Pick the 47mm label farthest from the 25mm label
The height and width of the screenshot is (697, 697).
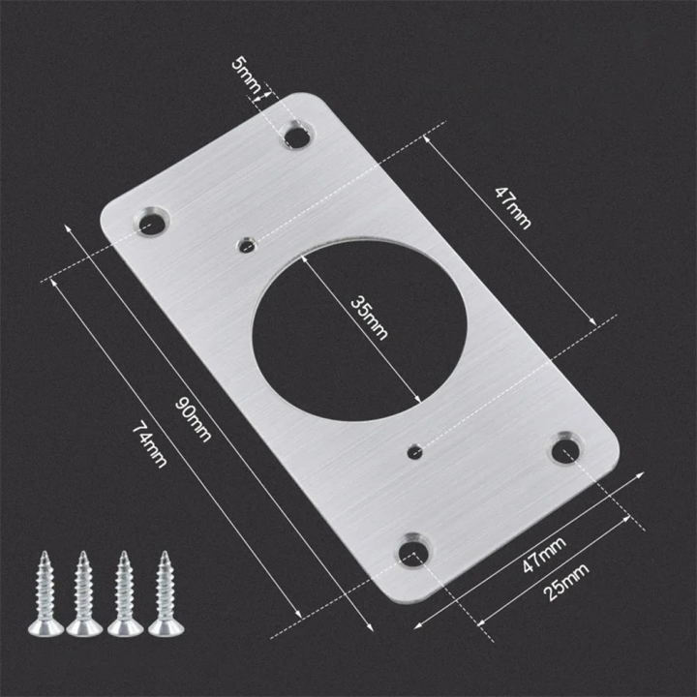click(512, 204)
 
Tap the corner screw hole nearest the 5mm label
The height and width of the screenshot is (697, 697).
click(297, 135)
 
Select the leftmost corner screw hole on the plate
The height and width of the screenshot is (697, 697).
click(152, 222)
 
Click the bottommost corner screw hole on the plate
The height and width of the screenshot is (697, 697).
click(412, 551)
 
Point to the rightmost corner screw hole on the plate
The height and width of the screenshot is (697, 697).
click(565, 448)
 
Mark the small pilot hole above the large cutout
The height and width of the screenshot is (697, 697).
click(248, 243)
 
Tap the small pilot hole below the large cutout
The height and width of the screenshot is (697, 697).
click(415, 449)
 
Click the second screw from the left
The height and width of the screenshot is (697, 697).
click(84, 595)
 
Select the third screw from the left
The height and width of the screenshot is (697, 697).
click(125, 595)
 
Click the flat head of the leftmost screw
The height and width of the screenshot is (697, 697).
click(45, 628)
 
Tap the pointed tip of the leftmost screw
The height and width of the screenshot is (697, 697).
click(44, 555)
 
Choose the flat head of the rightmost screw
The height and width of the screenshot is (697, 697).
click(166, 628)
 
